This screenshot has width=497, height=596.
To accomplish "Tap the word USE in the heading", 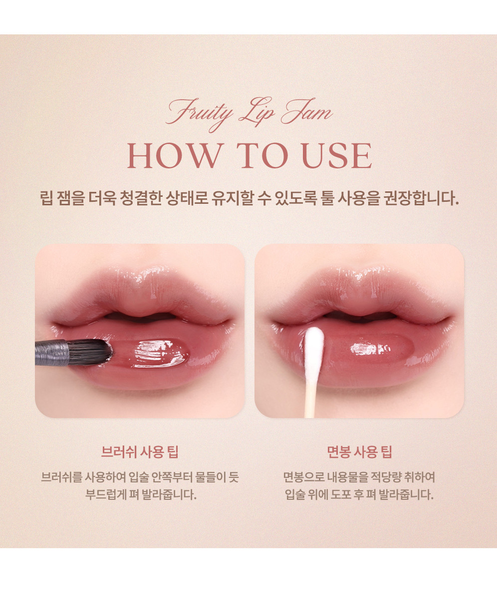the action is point(337,155).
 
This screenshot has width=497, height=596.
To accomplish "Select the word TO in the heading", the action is point(262,155).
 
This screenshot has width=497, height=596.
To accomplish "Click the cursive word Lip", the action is point(256,113).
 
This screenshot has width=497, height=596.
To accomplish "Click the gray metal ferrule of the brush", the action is point(52,353).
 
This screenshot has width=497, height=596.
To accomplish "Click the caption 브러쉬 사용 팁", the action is point(140,451).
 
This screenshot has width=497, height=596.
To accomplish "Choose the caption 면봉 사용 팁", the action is point(359,451).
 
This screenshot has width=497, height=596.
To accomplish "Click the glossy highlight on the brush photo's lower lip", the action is point(159,353).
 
